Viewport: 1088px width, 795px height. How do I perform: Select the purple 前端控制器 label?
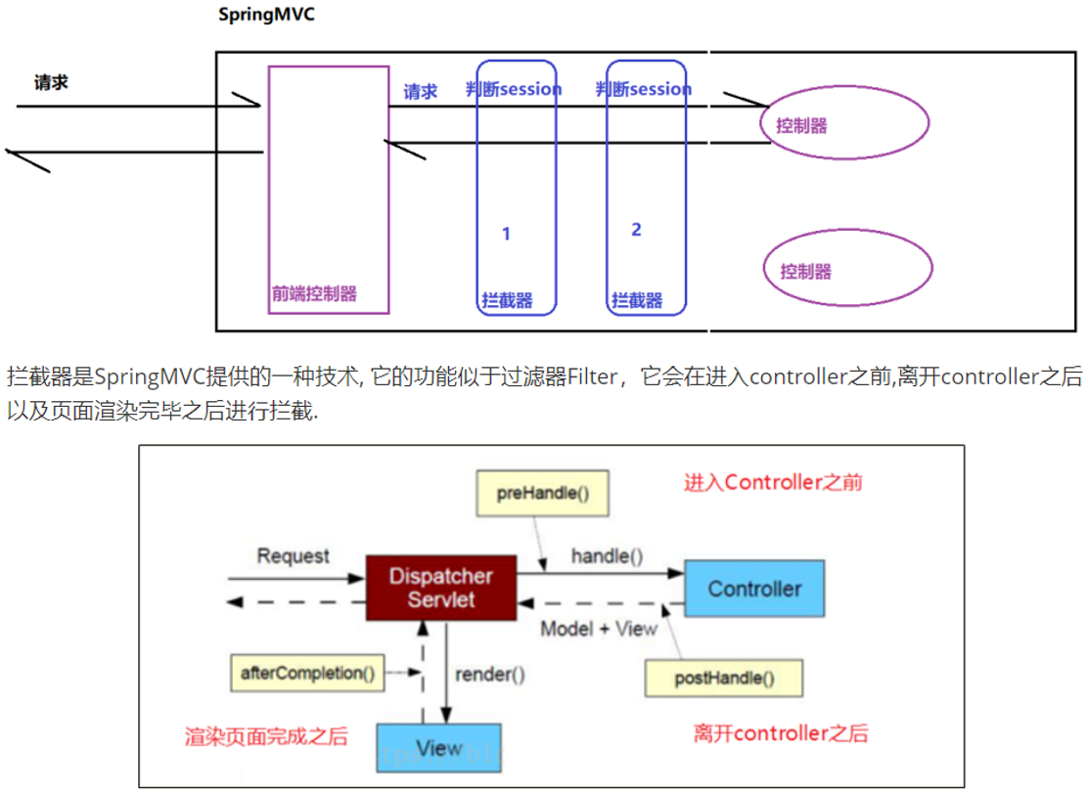click(314, 293)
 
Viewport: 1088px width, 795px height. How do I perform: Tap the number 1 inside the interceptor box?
click(506, 234)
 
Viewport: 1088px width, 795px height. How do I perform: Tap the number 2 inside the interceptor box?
click(636, 230)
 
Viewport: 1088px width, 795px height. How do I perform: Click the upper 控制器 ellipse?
click(844, 124)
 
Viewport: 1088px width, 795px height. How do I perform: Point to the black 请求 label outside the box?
click(51, 82)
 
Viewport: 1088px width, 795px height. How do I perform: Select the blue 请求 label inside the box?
click(421, 92)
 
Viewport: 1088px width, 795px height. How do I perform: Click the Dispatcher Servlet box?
click(440, 588)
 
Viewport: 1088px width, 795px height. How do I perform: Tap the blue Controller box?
click(754, 589)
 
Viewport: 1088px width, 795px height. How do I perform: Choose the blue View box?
click(438, 749)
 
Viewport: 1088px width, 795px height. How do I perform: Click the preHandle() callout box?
click(542, 493)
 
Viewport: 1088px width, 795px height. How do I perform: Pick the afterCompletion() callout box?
click(307, 673)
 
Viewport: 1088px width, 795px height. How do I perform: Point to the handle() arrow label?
click(607, 556)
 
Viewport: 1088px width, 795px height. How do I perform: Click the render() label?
click(490, 674)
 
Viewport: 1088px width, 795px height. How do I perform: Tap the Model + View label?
click(599, 629)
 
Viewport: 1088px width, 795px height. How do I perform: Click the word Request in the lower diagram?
click(293, 556)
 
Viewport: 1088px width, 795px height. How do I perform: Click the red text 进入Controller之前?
click(773, 482)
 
